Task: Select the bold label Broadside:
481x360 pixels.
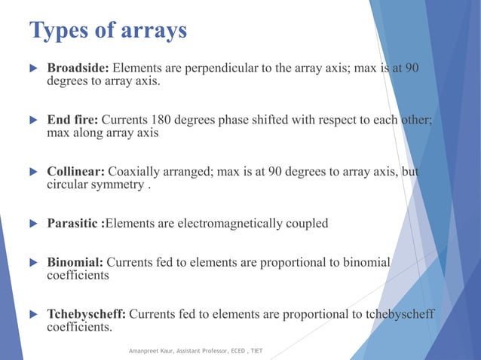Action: coord(77,70)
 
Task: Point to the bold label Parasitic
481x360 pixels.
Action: coord(73,224)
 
